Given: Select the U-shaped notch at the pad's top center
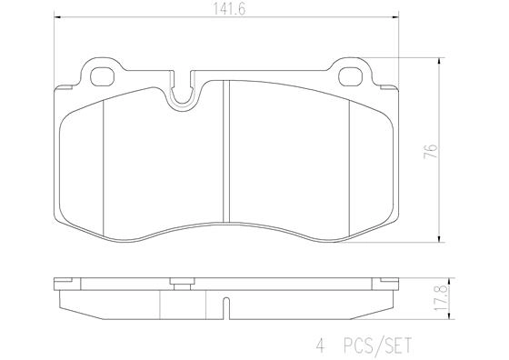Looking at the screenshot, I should click(x=185, y=92).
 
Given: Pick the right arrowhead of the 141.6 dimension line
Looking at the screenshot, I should click(x=397, y=17).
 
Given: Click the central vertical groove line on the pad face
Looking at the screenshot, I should click(x=225, y=155).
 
